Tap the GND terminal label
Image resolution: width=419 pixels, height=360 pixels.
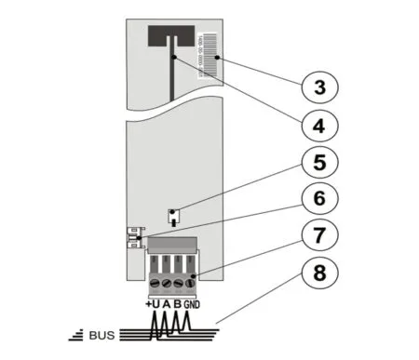click(x=192, y=304)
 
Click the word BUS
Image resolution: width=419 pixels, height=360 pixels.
click(x=100, y=333)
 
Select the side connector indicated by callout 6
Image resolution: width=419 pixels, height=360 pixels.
click(x=133, y=239)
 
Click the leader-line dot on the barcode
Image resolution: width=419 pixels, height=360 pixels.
click(x=217, y=57)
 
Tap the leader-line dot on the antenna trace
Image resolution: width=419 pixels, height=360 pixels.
click(x=175, y=58)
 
